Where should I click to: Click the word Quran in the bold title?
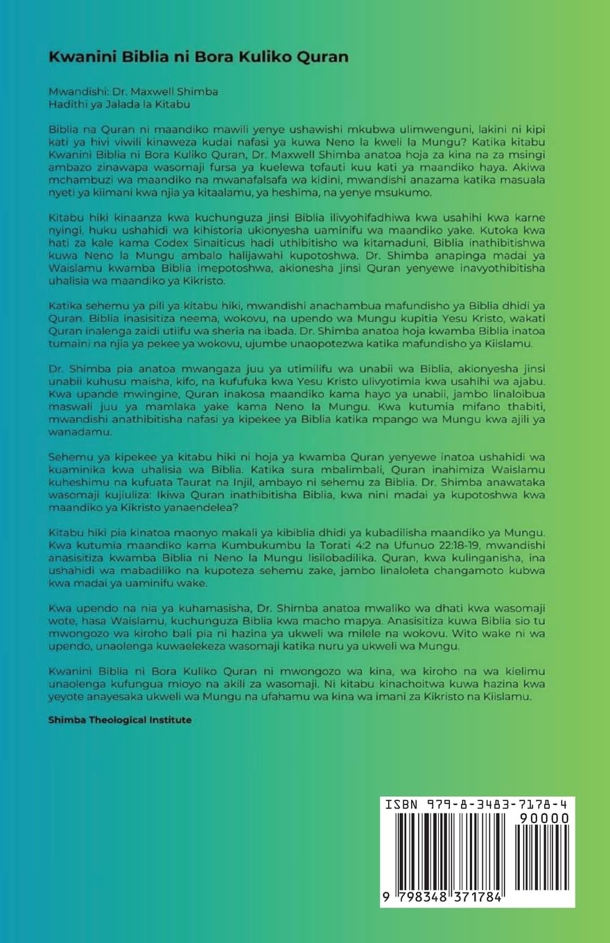pyautogui.click(x=323, y=57)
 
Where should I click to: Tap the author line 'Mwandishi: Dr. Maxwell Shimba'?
pyautogui.click(x=122, y=92)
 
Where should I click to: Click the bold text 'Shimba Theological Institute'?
pyautogui.click(x=120, y=720)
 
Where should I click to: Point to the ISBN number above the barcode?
pyautogui.click(x=477, y=805)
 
